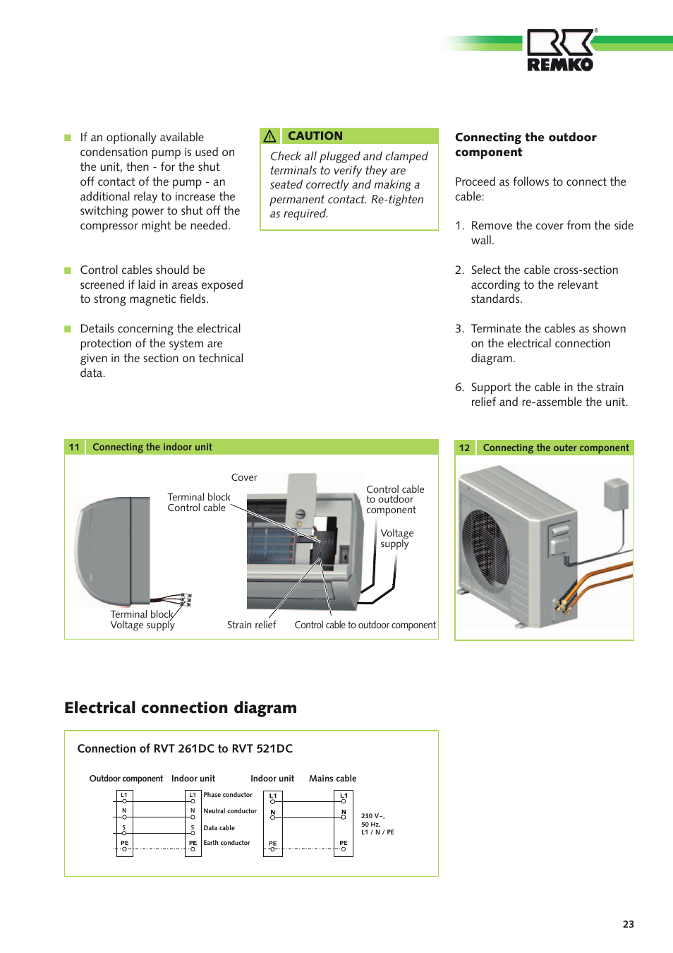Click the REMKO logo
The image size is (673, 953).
click(560, 50)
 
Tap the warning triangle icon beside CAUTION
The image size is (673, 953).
click(269, 136)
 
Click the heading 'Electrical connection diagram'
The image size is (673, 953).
click(181, 707)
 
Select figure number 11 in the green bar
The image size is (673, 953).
click(74, 447)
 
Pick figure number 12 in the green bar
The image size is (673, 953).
click(464, 448)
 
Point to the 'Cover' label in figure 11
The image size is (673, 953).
click(244, 477)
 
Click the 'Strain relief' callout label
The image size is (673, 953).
click(251, 625)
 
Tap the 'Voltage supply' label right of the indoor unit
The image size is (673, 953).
click(396, 539)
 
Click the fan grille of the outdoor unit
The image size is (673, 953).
click(485, 550)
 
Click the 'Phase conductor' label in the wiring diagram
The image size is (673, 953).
click(228, 795)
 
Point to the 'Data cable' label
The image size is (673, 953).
click(219, 828)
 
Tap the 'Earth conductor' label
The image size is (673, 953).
click(226, 843)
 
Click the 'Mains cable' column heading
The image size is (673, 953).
click(332, 779)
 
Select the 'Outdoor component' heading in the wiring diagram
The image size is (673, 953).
click(126, 779)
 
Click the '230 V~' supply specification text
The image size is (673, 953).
click(373, 816)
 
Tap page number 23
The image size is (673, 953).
click(628, 924)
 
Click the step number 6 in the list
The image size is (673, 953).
click(459, 388)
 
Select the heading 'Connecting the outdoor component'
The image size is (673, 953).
click(525, 145)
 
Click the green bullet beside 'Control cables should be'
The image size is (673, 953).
click(68, 270)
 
